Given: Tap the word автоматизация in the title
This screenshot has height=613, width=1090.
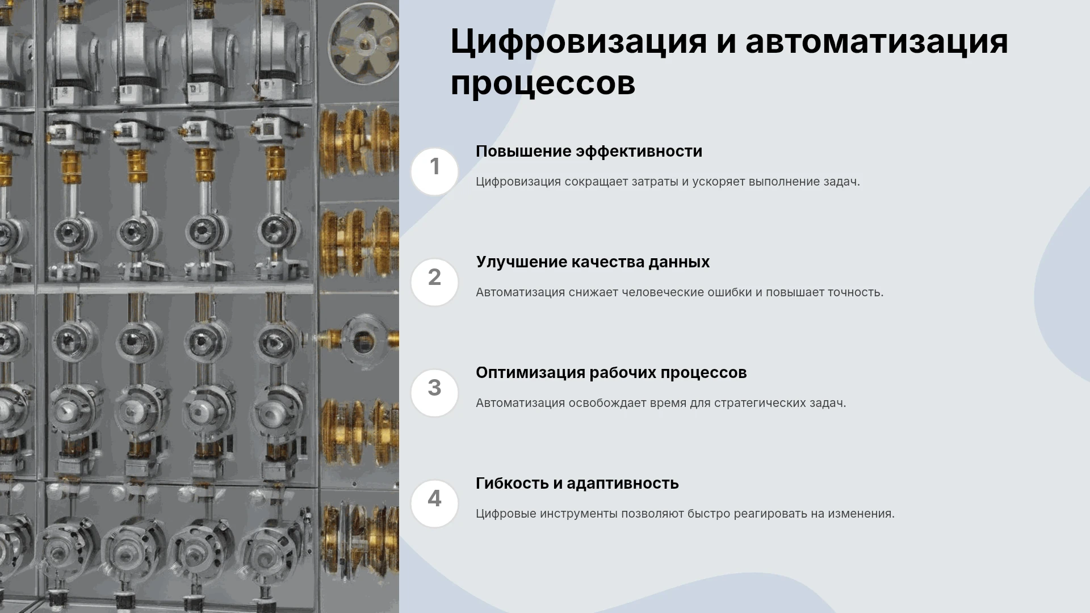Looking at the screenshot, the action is [x=877, y=41].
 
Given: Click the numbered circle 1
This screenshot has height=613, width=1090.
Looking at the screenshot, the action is [x=434, y=171].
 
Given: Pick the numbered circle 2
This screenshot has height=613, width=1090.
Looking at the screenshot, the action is [x=434, y=282].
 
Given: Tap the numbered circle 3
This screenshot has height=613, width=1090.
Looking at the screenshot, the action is [x=434, y=393].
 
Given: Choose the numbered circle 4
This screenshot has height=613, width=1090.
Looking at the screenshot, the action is [x=434, y=503].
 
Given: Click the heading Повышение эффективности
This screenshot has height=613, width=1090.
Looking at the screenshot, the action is [x=589, y=152].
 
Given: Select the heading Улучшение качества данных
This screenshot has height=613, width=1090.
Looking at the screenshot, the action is [x=593, y=262].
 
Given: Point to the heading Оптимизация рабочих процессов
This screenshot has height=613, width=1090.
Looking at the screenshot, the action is [x=611, y=373].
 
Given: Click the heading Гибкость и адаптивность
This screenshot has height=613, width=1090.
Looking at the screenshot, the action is [x=577, y=484].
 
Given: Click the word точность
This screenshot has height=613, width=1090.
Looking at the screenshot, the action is [x=856, y=293].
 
